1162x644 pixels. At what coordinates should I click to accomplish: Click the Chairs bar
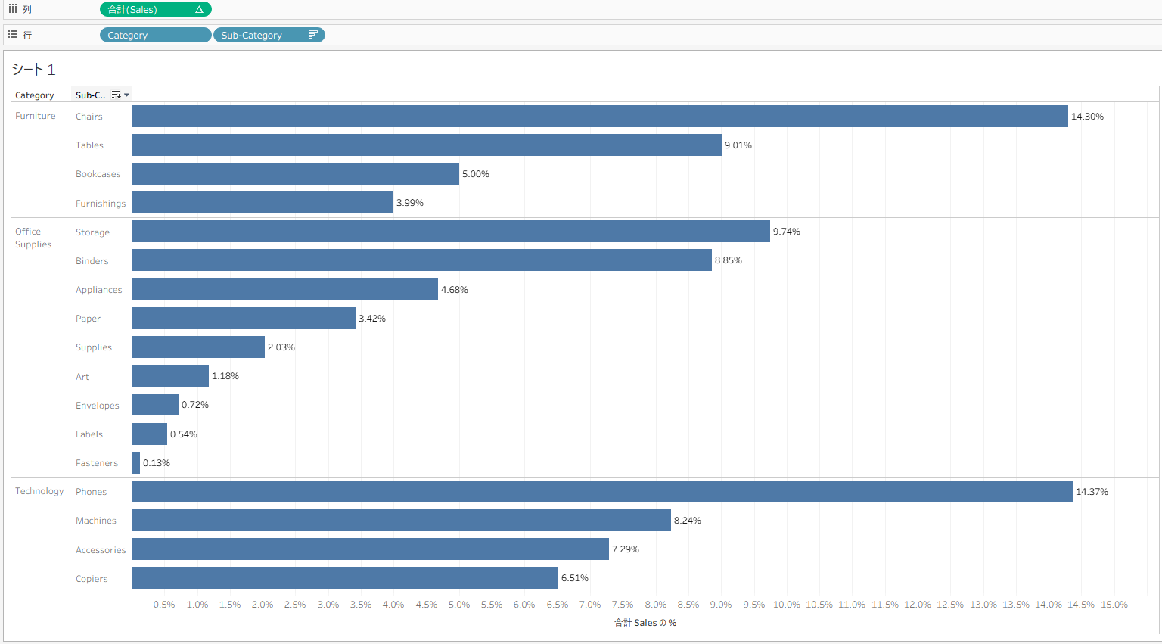(600, 117)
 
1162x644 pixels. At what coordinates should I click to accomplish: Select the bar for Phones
(602, 492)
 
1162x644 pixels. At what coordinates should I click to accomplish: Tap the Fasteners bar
(136, 463)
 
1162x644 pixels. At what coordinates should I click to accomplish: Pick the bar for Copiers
(345, 578)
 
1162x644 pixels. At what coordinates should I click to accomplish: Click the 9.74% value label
(787, 232)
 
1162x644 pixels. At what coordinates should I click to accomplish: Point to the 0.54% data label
(184, 434)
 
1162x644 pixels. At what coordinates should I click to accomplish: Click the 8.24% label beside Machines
(688, 521)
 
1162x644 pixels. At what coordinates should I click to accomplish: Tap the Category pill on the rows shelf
(155, 36)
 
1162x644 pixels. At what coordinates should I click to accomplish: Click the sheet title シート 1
(33, 70)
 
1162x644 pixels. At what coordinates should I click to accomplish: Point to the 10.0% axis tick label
(787, 605)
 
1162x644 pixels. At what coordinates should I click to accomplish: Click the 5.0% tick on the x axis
(459, 605)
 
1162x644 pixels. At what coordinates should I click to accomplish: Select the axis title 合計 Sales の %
(645, 623)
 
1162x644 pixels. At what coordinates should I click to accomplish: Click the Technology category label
(39, 491)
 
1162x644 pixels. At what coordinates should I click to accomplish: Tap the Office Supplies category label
(33, 238)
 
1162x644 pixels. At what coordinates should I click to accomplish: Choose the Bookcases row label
(98, 174)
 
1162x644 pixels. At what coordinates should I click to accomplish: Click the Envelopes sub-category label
(98, 406)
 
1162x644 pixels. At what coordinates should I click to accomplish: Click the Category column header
(35, 95)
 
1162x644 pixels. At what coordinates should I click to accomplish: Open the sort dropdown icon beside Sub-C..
(126, 95)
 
